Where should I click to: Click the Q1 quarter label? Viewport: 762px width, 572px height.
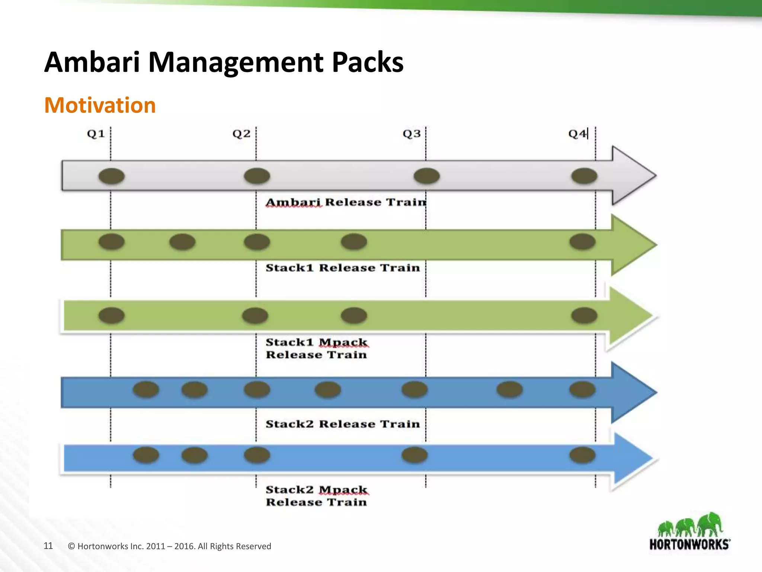[96, 134]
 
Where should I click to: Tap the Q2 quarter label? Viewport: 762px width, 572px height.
[241, 134]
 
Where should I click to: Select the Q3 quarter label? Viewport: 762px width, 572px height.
[412, 134]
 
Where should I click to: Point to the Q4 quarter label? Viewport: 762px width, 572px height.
[577, 134]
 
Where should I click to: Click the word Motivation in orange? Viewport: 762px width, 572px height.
[100, 105]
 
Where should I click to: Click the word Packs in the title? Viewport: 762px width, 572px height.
[367, 62]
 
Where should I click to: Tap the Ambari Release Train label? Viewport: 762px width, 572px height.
[346, 202]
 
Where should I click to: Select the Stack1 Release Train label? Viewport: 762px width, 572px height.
[342, 268]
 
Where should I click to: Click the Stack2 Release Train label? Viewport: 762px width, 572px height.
[342, 424]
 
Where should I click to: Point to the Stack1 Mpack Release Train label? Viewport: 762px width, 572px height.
[316, 348]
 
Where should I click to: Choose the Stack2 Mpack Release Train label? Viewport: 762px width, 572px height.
[316, 496]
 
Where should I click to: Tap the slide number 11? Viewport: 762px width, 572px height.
[48, 546]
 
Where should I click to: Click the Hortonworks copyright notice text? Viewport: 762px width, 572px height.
[170, 546]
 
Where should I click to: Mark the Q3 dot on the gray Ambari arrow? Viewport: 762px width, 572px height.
[426, 176]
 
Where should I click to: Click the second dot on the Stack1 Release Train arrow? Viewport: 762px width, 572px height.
[182, 242]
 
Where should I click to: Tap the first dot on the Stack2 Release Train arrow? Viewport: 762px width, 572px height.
[146, 390]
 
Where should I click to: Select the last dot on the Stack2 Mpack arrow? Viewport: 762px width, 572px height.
[582, 455]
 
